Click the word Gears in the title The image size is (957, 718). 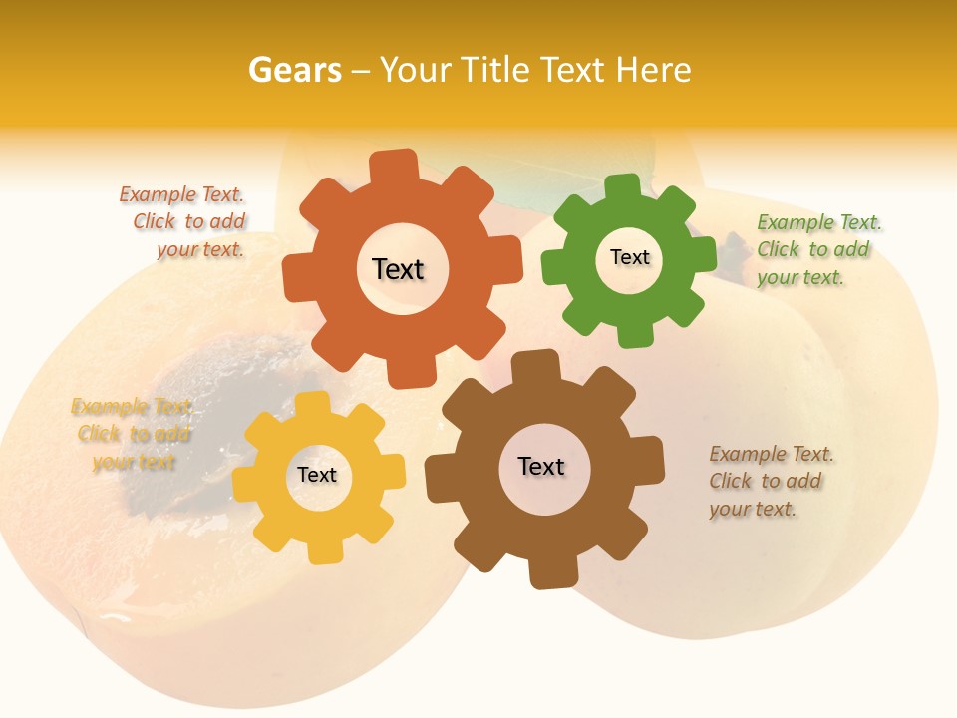click(x=294, y=70)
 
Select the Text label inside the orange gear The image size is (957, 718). click(x=398, y=269)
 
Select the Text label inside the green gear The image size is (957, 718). click(x=629, y=257)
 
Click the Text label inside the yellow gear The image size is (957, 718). click(x=317, y=475)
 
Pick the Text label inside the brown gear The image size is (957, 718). click(x=541, y=466)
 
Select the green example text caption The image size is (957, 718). click(x=817, y=249)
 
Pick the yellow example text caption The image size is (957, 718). click(x=133, y=434)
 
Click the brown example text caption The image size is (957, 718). click(x=770, y=481)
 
